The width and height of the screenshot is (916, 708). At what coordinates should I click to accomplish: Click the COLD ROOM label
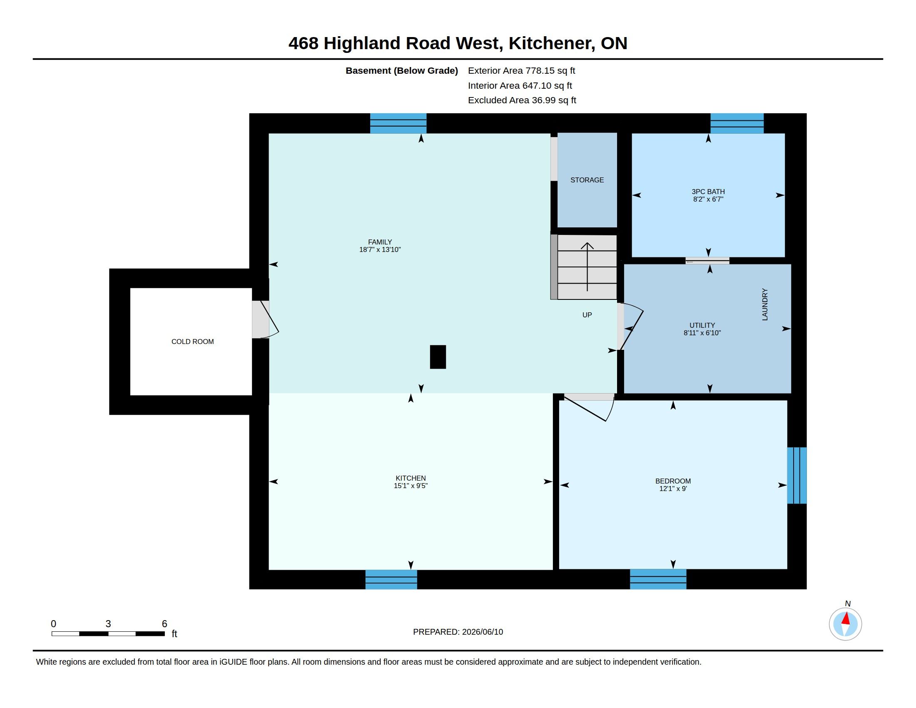click(x=192, y=342)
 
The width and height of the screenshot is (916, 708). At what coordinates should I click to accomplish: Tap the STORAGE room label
click(x=587, y=180)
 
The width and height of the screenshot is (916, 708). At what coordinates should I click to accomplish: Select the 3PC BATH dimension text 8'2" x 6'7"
click(x=708, y=199)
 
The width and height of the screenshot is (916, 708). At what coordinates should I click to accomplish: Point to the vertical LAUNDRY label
click(x=764, y=304)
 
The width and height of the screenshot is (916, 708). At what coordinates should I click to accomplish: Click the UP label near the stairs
click(x=587, y=315)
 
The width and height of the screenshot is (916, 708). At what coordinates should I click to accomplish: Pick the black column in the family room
click(x=438, y=357)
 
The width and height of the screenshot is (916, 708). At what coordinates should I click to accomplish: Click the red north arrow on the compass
click(x=846, y=618)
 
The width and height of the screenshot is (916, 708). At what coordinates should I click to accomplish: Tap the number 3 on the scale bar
click(x=108, y=624)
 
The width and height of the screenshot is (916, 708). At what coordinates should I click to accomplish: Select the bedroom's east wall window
click(x=797, y=475)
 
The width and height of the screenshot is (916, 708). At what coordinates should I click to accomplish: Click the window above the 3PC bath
click(x=737, y=123)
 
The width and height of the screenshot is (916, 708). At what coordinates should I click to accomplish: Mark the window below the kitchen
click(x=391, y=579)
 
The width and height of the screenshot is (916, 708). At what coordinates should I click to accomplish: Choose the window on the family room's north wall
click(x=398, y=123)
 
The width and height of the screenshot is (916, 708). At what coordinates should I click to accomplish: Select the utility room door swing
click(x=632, y=327)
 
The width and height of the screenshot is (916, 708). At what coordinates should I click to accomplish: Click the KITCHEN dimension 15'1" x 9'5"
click(x=411, y=486)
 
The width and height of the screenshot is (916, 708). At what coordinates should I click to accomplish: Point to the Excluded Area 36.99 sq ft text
click(x=522, y=100)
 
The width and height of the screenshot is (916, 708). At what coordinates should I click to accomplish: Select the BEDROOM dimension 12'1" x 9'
click(x=673, y=489)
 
